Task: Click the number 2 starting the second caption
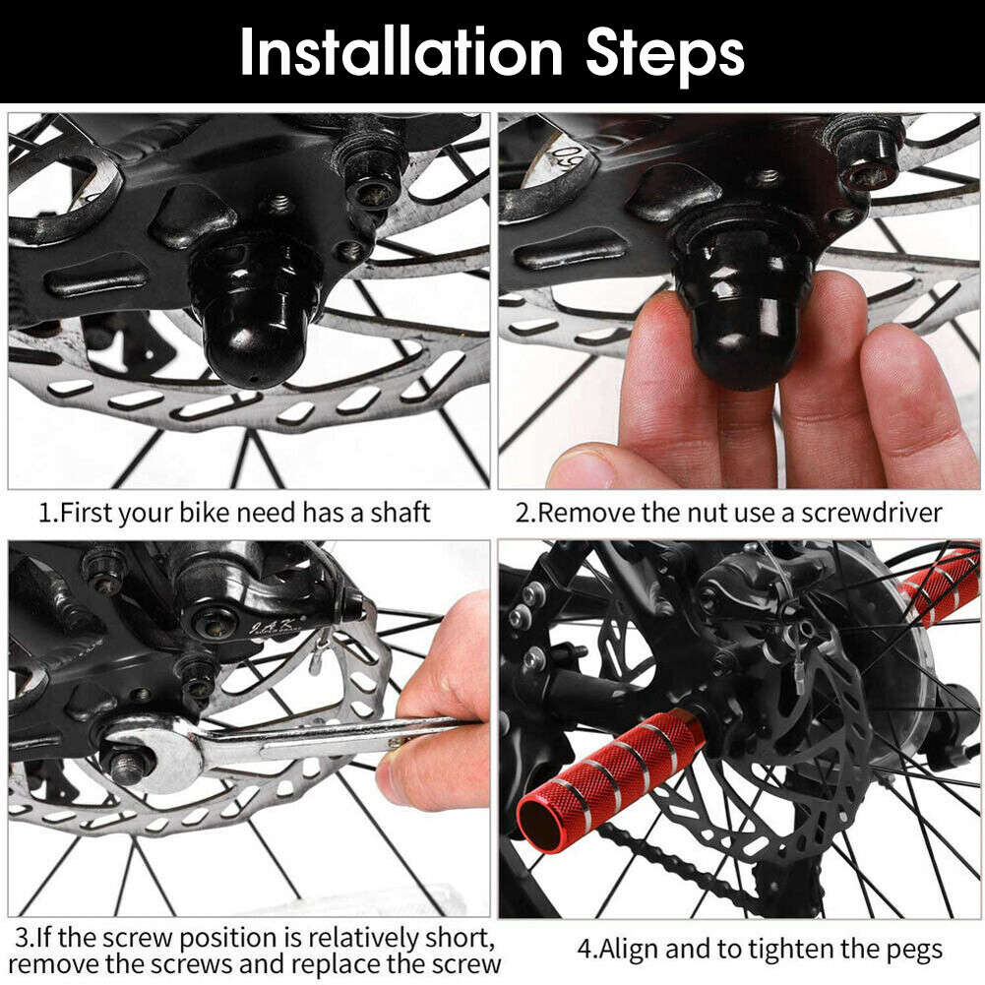point(523,513)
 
